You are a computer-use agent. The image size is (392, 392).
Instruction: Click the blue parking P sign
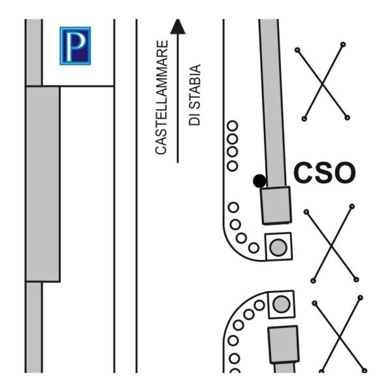click(x=75, y=46)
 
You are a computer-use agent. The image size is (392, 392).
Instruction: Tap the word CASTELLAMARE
click(x=161, y=97)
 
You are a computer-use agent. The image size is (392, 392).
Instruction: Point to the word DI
click(x=195, y=119)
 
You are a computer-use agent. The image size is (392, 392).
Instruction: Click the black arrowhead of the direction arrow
click(x=178, y=26)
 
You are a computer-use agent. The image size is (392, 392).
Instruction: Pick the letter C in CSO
click(x=303, y=172)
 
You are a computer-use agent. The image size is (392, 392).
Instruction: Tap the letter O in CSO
click(x=345, y=172)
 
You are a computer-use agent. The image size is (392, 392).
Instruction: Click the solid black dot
click(x=259, y=181)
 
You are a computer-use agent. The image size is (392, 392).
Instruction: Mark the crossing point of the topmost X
click(x=323, y=84)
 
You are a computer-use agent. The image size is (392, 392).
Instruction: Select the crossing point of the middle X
click(x=331, y=246)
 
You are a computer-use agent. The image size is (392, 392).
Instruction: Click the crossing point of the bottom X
click(x=340, y=337)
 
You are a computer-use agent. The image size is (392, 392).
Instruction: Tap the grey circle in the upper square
click(x=278, y=247)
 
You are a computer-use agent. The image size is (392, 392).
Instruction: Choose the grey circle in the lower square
click(x=282, y=304)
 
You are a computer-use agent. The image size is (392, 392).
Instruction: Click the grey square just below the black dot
click(x=276, y=205)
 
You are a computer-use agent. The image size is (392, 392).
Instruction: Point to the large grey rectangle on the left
click(x=42, y=184)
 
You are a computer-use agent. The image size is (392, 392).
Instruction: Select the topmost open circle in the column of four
click(x=233, y=125)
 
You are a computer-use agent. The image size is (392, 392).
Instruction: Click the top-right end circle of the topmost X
click(x=343, y=44)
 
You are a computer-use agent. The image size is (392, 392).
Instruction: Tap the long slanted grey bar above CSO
click(x=272, y=103)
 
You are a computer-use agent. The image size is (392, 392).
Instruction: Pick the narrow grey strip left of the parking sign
click(x=34, y=52)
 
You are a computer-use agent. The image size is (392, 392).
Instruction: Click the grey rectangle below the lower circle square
click(x=284, y=344)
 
